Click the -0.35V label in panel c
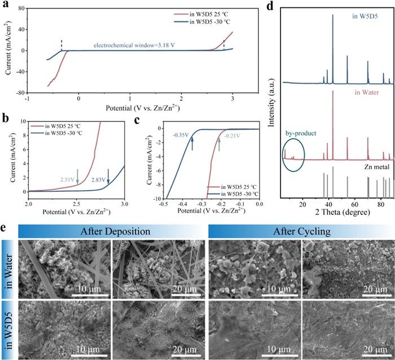180,135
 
